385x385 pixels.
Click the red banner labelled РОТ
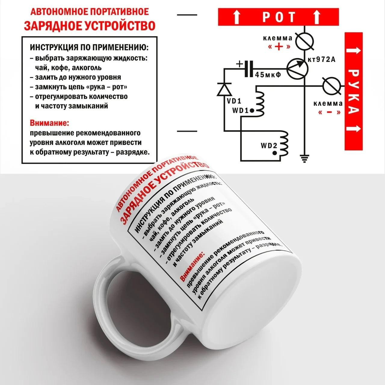[278, 17]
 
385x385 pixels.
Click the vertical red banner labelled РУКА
[353, 91]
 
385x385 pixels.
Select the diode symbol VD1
[224, 90]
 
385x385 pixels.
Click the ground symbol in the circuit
[304, 159]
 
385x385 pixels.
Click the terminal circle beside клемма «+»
[304, 42]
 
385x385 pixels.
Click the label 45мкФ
[268, 75]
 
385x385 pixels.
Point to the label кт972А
[322, 59]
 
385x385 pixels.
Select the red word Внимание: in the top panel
[50, 123]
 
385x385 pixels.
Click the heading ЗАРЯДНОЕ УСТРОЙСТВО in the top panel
[90, 26]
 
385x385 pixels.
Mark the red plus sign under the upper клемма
[279, 47]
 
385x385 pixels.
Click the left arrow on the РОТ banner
[236, 17]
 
